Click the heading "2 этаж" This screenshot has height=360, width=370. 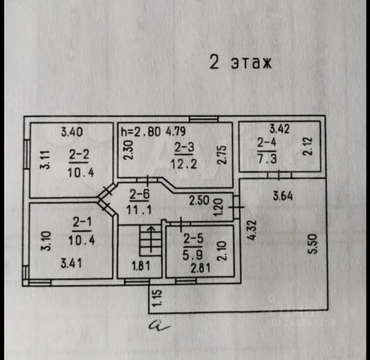(x=241, y=63)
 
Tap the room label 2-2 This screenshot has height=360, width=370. (x=78, y=155)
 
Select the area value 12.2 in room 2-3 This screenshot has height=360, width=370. (x=184, y=164)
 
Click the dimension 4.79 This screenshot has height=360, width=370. (x=176, y=132)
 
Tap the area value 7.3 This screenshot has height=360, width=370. (x=267, y=158)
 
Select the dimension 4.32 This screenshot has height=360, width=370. (x=252, y=230)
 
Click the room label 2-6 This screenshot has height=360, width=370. (x=139, y=195)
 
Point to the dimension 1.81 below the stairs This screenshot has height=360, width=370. (x=140, y=266)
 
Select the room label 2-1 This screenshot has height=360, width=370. (x=81, y=223)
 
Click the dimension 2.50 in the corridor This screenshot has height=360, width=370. (x=199, y=201)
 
